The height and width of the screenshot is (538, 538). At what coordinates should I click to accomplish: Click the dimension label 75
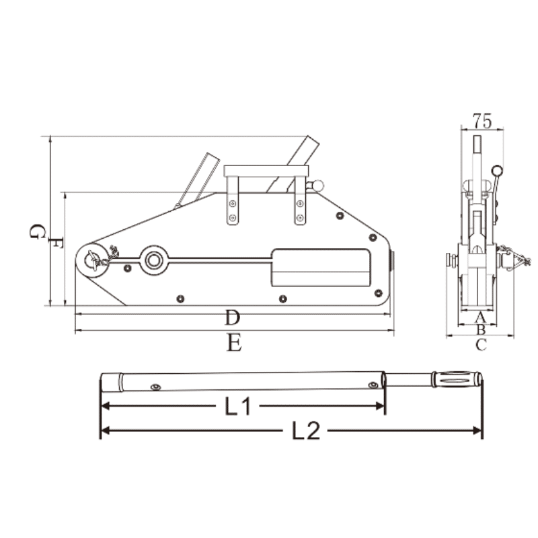click(482, 121)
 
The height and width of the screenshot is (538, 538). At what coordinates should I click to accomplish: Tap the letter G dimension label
click(37, 231)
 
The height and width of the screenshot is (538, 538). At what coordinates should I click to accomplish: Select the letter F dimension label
click(56, 243)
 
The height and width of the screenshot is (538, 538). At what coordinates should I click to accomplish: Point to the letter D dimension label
click(232, 317)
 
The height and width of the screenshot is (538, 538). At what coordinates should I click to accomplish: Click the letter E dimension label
click(234, 342)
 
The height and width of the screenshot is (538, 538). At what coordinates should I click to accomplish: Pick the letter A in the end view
click(480, 317)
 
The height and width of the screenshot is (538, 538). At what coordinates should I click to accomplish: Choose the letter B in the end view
click(481, 330)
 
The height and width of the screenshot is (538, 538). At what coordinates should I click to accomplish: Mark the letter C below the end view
click(481, 345)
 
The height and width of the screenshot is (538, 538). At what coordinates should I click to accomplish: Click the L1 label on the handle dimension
click(238, 406)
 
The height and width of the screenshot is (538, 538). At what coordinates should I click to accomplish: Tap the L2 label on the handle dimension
click(306, 430)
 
